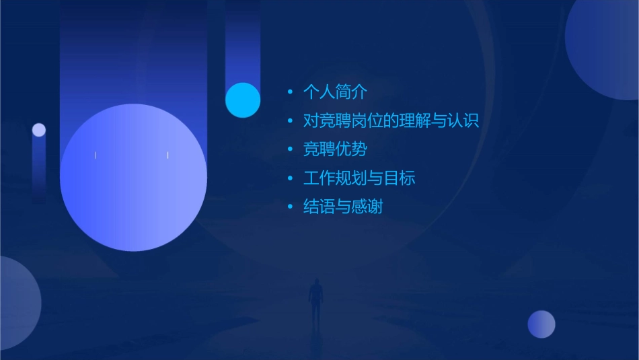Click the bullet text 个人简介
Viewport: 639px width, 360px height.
[335, 92]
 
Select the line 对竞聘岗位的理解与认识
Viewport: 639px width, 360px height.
[391, 122]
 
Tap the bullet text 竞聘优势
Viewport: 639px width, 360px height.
[335, 149]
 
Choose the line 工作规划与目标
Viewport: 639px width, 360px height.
[359, 178]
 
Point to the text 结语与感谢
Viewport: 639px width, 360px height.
[343, 207]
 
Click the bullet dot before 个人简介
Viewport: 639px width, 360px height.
[290, 92]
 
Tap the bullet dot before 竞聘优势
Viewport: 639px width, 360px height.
[290, 149]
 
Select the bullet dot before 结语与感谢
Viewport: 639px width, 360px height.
[290, 207]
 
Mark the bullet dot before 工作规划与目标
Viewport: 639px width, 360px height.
[290, 178]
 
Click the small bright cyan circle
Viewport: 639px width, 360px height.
[243, 100]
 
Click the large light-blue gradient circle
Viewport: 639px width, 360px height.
[133, 178]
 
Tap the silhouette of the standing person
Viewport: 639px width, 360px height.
[315, 299]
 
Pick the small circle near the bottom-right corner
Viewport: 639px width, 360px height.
[541, 324]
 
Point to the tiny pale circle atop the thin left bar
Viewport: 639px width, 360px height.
[39, 130]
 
